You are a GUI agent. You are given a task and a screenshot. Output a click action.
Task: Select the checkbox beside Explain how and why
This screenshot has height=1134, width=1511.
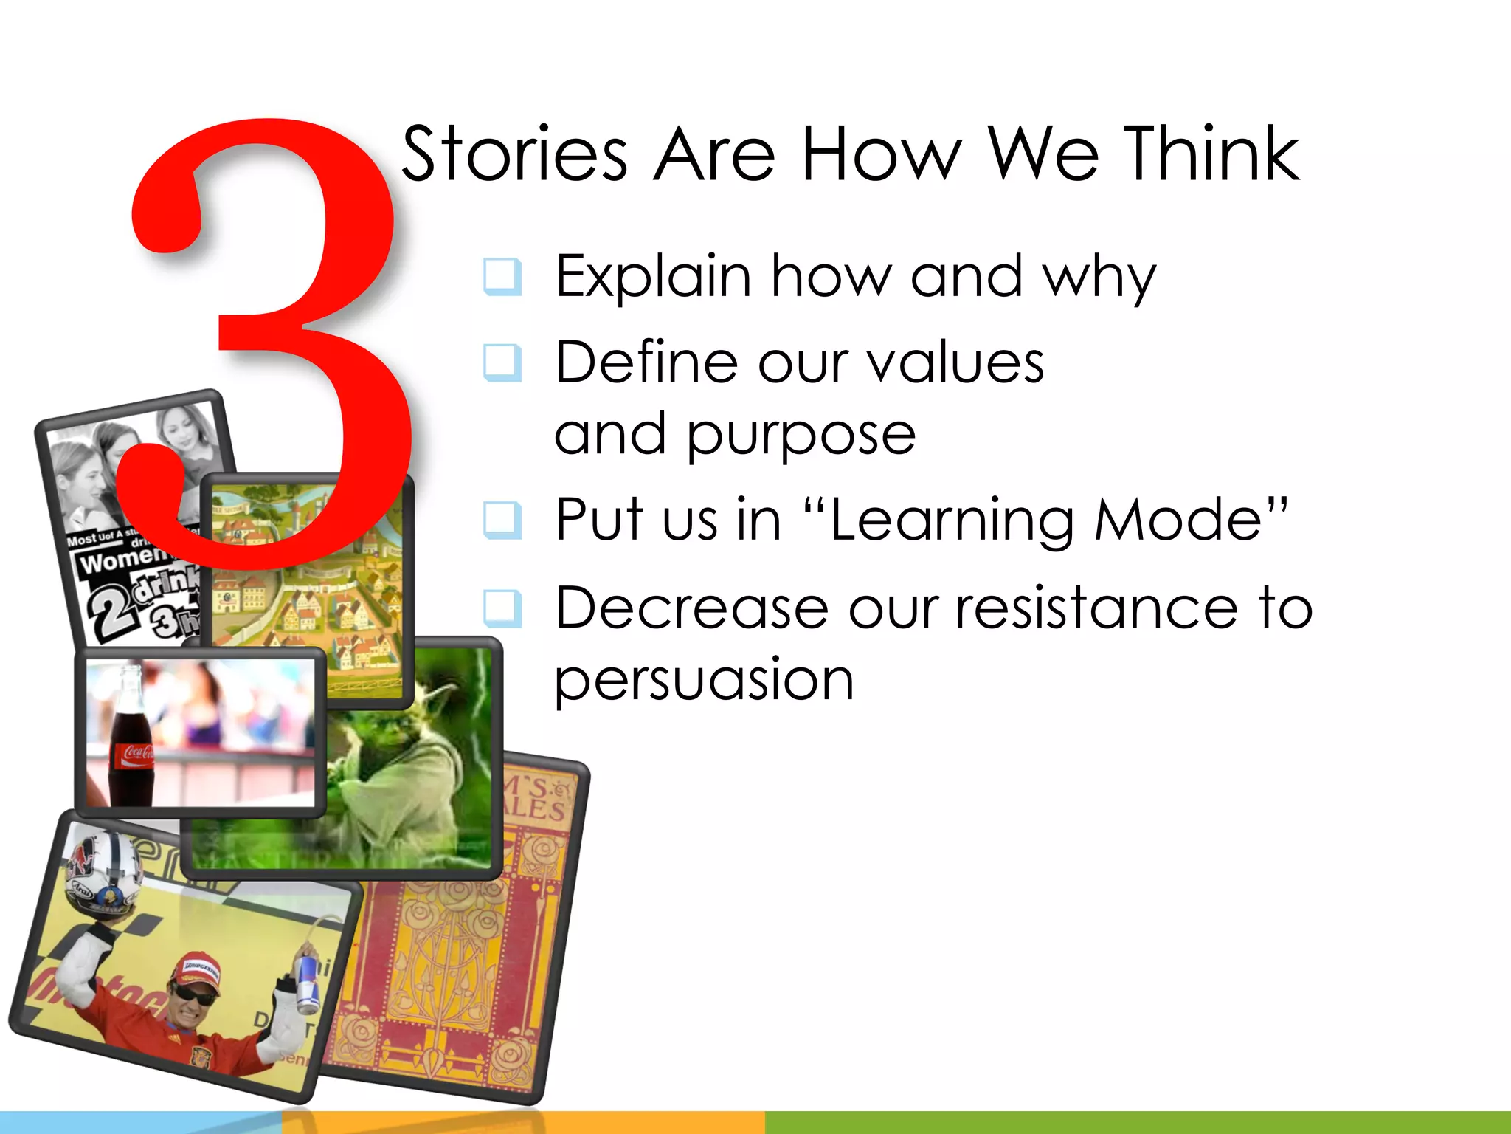pos(503,276)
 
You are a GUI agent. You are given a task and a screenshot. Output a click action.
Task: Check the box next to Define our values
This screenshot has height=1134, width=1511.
pos(503,362)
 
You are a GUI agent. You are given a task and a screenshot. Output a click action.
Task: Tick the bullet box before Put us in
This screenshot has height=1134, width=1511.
pos(503,520)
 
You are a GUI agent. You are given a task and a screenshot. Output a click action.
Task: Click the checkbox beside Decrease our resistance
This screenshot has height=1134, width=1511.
pos(503,608)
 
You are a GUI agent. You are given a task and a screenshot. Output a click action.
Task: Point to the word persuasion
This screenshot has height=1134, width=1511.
pos(704,679)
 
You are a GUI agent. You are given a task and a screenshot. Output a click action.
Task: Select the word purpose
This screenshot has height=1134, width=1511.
pos(801,436)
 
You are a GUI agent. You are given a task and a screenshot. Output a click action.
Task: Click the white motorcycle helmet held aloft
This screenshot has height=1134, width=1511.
pos(103,871)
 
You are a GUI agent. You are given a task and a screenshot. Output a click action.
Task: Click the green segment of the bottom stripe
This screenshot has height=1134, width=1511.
pos(1136,1122)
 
